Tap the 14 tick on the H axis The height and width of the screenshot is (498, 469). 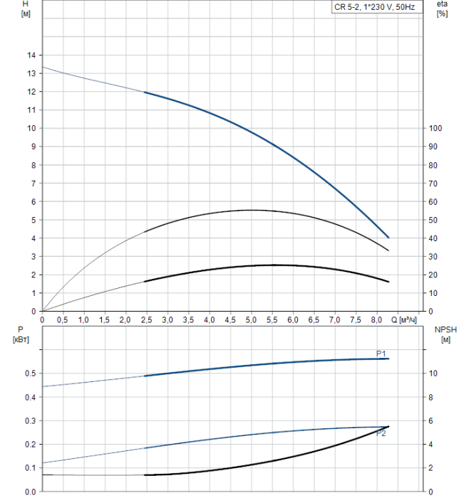(x=31, y=55)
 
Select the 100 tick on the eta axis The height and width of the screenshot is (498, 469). (x=435, y=129)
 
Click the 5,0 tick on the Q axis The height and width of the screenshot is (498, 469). (x=251, y=321)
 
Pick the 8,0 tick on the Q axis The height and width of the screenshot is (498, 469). (x=376, y=321)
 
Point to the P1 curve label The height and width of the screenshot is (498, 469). (x=381, y=354)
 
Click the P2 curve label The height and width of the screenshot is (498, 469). (x=381, y=433)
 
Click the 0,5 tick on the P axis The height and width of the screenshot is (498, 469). (x=29, y=373)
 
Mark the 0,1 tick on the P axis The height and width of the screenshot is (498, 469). (x=29, y=468)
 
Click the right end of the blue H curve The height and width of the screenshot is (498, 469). (x=388, y=238)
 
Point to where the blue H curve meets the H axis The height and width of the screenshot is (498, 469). (x=43, y=67)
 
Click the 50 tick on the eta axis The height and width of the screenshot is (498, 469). (x=434, y=220)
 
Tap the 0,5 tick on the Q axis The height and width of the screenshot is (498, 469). (x=63, y=321)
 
